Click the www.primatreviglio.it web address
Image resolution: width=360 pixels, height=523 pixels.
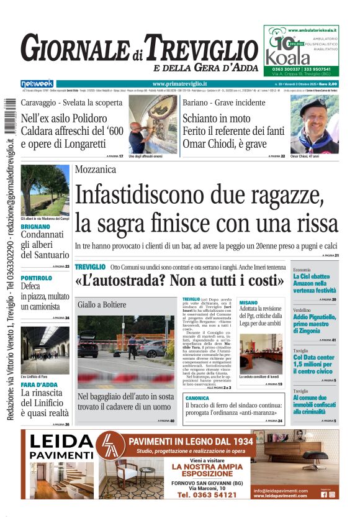tap(179, 83)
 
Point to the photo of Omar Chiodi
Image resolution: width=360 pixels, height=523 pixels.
tap(314, 124)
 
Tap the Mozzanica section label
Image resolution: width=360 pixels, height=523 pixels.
tap(96, 170)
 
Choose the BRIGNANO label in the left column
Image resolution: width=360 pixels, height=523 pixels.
tap(36, 227)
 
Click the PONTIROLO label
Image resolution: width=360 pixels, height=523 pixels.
tap(37, 278)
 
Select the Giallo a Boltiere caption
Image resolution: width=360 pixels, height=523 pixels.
tap(102, 304)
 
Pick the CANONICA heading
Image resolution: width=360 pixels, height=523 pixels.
tap(197, 398)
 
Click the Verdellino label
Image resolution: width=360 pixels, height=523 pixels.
tap(303, 309)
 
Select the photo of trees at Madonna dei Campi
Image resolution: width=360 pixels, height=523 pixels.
tap(45, 189)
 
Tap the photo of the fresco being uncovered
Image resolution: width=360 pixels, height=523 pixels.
tap(153, 124)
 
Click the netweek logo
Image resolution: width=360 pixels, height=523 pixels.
tap(37, 83)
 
